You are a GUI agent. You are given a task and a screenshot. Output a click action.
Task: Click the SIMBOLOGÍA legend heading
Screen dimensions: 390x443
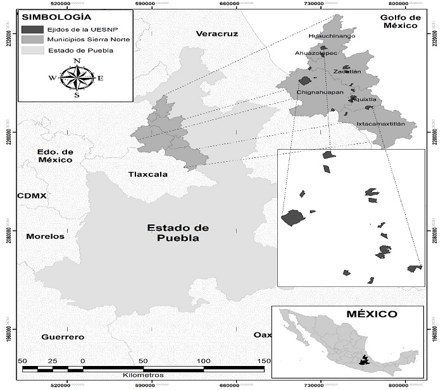(x=47, y=16)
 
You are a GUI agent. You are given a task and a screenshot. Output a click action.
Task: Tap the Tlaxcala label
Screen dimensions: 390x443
(x=147, y=174)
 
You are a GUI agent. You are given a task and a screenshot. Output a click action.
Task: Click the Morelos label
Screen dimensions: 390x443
(x=45, y=236)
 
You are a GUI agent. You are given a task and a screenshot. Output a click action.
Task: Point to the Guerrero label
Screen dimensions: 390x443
(x=63, y=338)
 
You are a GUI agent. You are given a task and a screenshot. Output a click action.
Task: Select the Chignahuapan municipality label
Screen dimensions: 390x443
(x=320, y=93)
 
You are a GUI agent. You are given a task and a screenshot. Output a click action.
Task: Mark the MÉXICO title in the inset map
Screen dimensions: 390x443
(x=371, y=314)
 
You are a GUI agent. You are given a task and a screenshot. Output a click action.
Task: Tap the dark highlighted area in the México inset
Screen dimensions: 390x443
(x=364, y=361)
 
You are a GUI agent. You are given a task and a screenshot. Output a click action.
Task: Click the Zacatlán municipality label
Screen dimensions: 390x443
(x=347, y=71)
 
